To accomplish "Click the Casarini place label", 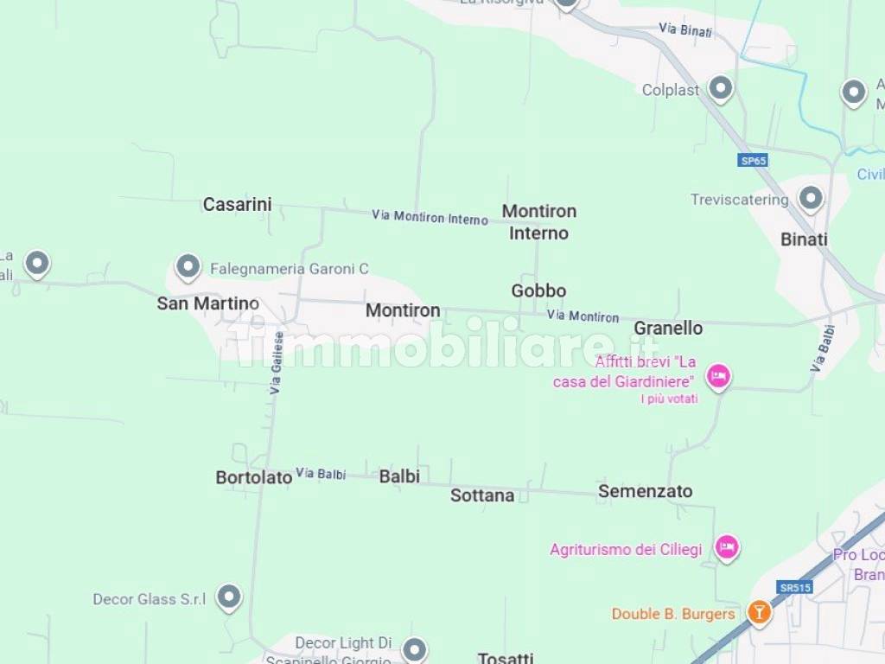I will [237, 205].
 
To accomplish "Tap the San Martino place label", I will [207, 303].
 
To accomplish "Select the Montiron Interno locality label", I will [538, 222].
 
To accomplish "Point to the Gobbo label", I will [538, 291].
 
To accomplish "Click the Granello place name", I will [668, 329].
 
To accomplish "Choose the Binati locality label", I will [804, 239].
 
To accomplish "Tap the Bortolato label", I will [253, 477].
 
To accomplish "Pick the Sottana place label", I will [482, 495].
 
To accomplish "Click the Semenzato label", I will [645, 491].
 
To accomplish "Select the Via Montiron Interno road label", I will [430, 216].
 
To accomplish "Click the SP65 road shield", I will [753, 161].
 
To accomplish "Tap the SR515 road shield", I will [794, 588].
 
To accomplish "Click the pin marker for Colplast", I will [720, 87].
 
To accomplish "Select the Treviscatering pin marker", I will [810, 198].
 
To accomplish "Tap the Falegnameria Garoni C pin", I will [188, 266].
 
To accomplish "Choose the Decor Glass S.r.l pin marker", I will [228, 596].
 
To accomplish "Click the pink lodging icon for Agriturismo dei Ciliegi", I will [727, 546].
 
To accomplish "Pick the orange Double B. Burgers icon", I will [759, 613].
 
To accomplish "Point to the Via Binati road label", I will [685, 30].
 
